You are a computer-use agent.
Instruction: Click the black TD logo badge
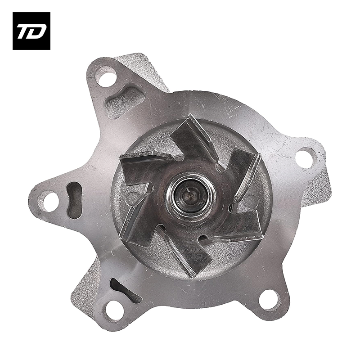31,31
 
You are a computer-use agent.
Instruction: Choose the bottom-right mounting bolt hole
270,300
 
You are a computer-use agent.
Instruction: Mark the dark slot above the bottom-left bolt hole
124,288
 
